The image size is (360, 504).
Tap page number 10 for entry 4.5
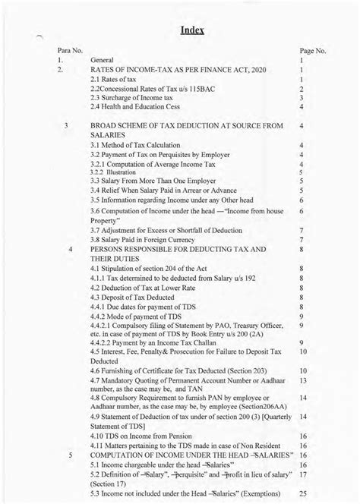[302, 352]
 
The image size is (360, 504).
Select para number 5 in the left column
[70, 456]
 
